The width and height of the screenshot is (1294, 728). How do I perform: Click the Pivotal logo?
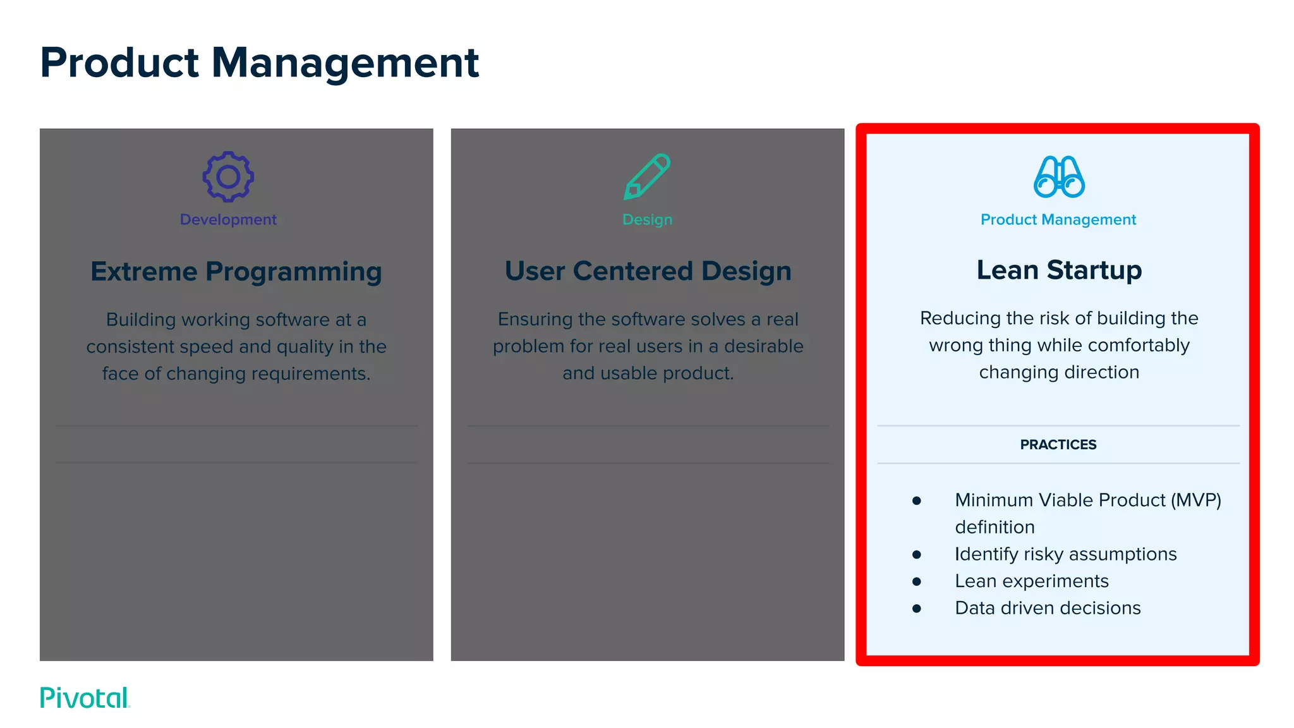click(x=85, y=698)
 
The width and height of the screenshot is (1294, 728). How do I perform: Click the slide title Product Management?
click(x=259, y=63)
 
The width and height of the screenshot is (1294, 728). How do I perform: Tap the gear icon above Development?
click(x=228, y=177)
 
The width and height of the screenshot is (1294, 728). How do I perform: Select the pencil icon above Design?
click(x=647, y=176)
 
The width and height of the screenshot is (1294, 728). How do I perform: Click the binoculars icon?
click(x=1059, y=177)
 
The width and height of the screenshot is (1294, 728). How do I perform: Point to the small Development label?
click(x=228, y=219)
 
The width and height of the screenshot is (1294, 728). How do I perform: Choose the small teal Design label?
click(x=647, y=219)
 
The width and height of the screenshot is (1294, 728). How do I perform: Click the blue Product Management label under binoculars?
click(x=1058, y=219)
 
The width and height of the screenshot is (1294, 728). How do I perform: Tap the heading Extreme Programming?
click(x=236, y=272)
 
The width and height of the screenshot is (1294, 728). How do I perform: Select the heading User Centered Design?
click(x=648, y=271)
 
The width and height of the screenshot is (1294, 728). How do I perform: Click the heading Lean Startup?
click(x=1059, y=270)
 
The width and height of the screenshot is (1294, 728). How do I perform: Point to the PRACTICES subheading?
click(x=1058, y=444)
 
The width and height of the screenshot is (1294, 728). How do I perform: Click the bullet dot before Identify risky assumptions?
click(x=917, y=554)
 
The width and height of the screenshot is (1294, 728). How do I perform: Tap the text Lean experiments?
click(x=1032, y=581)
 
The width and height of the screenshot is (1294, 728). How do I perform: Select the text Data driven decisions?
click(x=1048, y=608)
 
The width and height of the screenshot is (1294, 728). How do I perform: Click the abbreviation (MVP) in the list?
click(x=1195, y=500)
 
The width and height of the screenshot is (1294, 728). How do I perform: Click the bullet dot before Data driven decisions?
click(x=917, y=609)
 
